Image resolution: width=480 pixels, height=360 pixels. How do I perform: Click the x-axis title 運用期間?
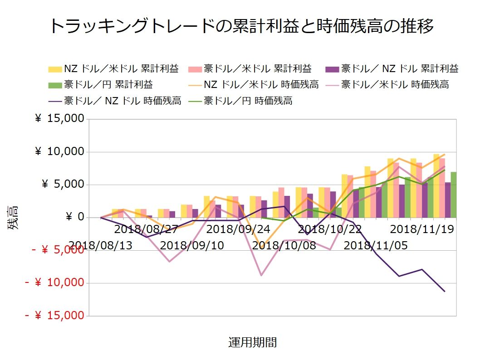[252, 342]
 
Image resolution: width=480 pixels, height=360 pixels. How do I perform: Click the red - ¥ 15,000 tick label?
[54, 316]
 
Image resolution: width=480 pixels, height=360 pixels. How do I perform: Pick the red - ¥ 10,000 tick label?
[54, 283]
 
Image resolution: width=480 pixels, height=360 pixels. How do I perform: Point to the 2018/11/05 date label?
[376, 246]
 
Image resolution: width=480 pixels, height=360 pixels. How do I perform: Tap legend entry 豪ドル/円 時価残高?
[248, 101]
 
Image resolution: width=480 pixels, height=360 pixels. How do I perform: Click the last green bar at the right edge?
[453, 195]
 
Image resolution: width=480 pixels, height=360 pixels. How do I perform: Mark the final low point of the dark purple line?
[445, 292]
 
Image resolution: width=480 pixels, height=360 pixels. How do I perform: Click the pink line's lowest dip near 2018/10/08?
[261, 275]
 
